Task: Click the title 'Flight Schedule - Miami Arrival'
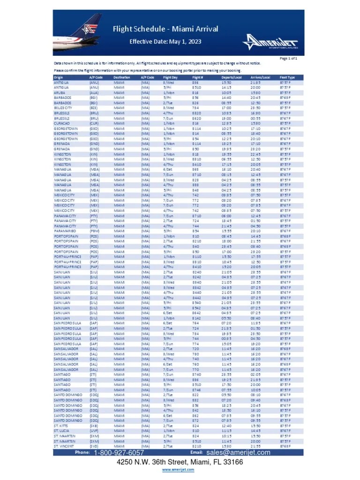pos(165,29)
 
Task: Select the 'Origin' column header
pos(59,77)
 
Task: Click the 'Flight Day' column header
pos(170,77)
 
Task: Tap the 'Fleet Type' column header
pos(287,77)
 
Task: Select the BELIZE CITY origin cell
pos(63,107)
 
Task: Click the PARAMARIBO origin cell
pos(65,231)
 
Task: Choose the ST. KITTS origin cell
pos(61,425)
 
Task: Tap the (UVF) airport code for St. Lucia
pos(94,430)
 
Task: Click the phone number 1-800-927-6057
pos(119,453)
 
